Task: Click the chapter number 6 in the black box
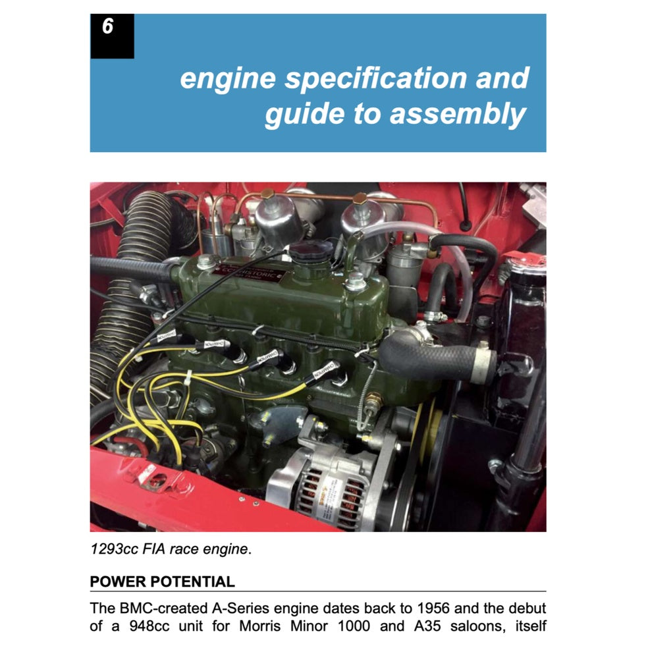107,28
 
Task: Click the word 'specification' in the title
366,78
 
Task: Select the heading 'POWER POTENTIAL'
162,581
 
